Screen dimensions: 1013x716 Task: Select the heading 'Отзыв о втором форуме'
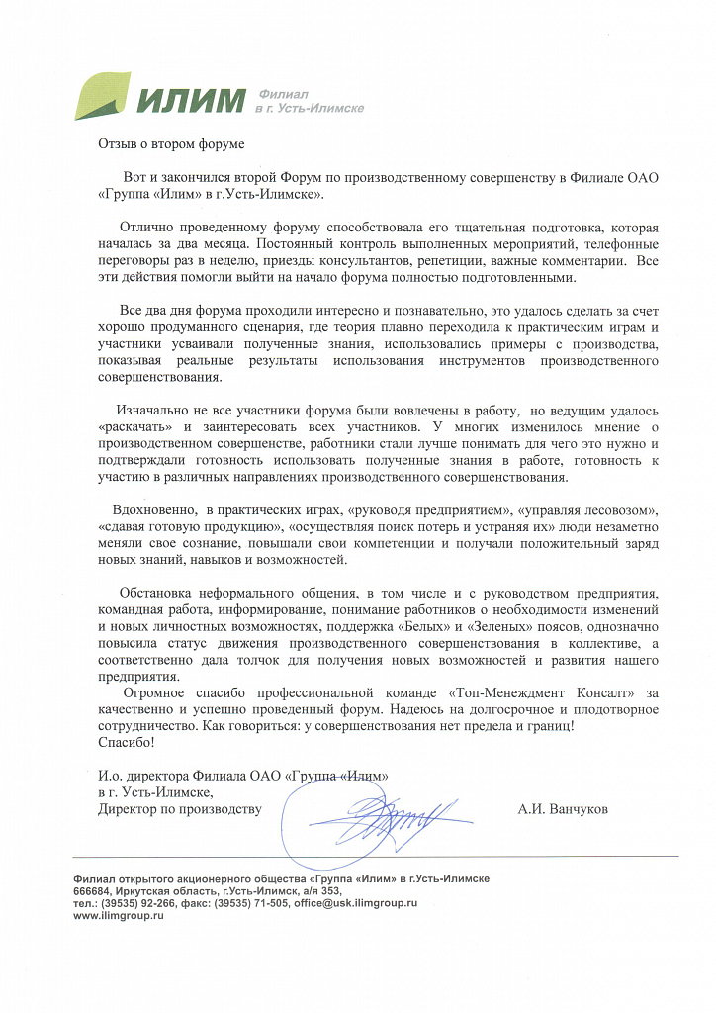(170, 143)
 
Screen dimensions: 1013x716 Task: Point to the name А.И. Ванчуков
(563, 809)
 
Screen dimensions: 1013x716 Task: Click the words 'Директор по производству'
(179, 809)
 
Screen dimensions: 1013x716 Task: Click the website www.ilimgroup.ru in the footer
(118, 917)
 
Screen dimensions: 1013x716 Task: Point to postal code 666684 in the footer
(94, 890)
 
